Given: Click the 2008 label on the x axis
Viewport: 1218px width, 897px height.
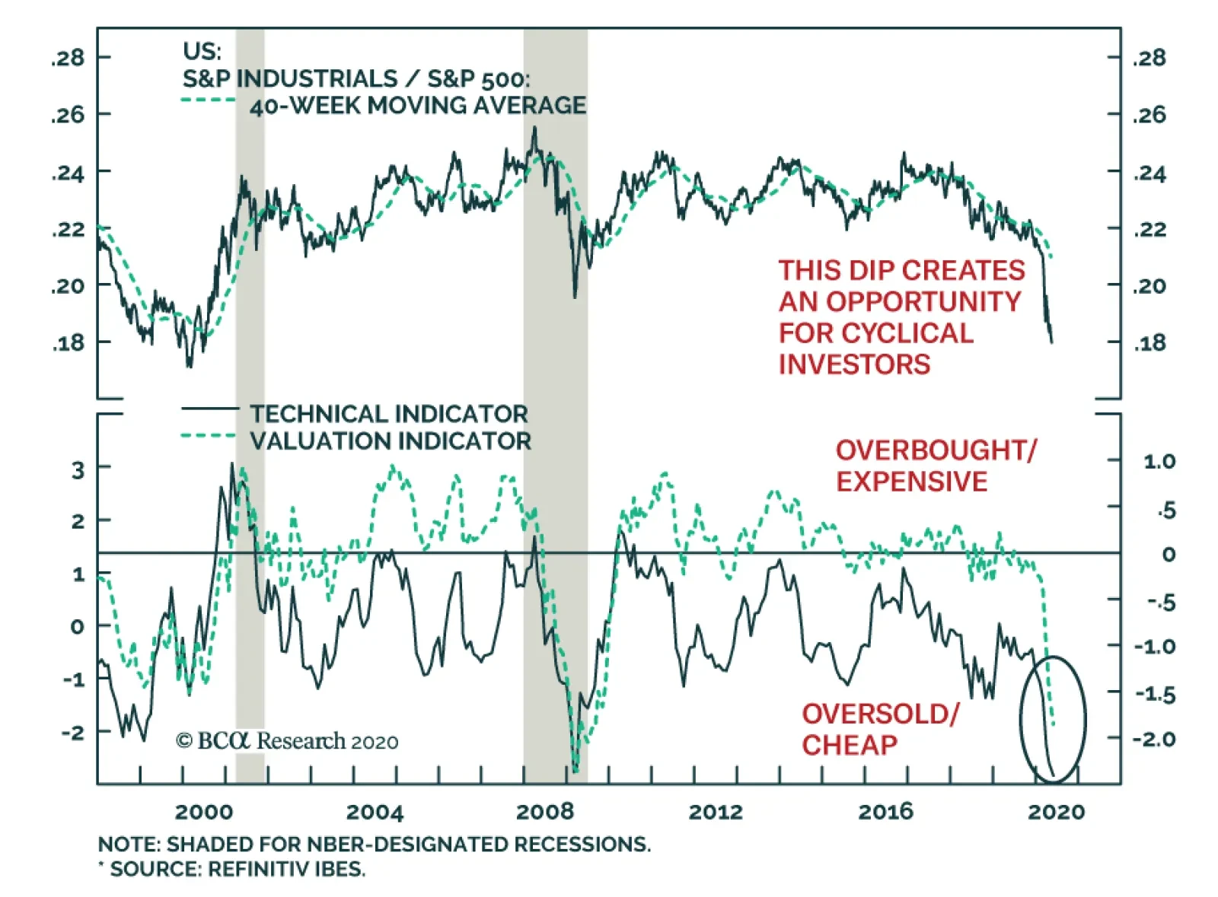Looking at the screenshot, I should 544,812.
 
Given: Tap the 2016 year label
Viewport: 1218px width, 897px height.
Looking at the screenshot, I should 885,812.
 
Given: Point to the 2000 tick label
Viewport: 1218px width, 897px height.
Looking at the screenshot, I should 203,812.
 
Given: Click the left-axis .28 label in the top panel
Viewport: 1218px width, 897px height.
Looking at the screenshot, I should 69,58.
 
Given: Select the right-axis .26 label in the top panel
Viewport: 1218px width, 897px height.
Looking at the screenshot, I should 1149,115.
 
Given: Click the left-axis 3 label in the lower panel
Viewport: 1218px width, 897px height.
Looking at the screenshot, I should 78,470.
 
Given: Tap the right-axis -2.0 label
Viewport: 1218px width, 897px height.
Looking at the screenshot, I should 1154,739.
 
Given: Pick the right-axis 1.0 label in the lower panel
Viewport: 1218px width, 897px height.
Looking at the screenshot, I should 1159,461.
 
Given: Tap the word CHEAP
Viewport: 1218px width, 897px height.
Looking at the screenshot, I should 850,745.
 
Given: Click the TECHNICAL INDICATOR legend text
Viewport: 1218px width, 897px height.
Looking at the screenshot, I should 389,414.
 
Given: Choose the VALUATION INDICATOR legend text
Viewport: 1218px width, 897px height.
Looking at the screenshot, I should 391,441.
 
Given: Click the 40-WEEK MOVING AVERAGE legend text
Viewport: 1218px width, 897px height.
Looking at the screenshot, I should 418,106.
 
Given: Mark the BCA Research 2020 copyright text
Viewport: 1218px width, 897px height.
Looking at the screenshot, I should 287,741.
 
